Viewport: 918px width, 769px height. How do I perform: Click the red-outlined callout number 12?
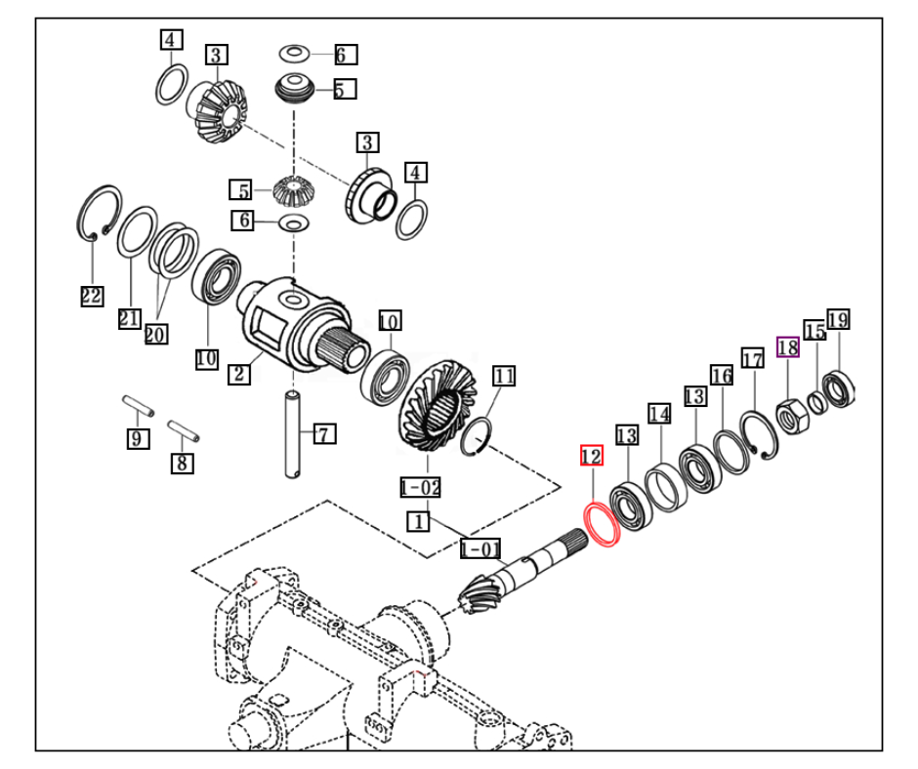click(591, 456)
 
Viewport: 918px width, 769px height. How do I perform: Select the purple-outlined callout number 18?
click(787, 347)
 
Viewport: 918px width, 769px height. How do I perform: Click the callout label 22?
click(92, 296)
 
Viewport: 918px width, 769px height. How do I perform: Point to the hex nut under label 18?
click(792, 416)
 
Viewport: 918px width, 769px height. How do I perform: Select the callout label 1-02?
click(420, 487)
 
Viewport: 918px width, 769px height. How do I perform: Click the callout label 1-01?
click(480, 548)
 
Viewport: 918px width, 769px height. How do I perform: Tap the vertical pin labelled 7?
click(293, 434)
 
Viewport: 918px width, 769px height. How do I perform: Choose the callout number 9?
click(138, 438)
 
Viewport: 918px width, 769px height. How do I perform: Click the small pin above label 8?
click(184, 430)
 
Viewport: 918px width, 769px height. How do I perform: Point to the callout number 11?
click(504, 376)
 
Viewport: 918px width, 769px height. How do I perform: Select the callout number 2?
click(239, 374)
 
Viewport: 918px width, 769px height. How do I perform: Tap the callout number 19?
click(838, 319)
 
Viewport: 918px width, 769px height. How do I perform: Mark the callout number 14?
click(659, 414)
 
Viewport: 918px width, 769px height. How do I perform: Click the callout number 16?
click(722, 375)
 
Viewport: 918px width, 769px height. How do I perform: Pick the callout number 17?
click(752, 358)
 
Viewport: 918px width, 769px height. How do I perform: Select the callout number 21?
click(129, 318)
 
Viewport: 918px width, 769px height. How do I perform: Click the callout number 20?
click(155, 334)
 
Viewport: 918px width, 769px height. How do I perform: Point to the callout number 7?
click(324, 433)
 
